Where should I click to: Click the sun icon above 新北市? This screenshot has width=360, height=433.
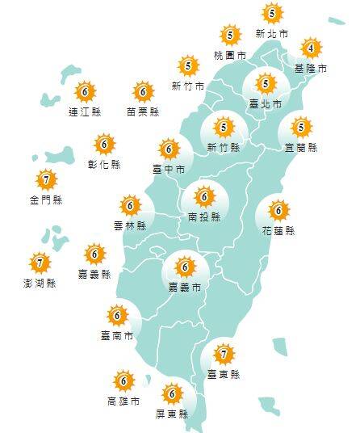click(272, 13)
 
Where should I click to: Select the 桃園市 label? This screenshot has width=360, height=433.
click(229, 55)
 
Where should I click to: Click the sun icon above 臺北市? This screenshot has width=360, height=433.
click(266, 83)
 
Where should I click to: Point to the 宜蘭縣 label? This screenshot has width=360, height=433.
click(301, 148)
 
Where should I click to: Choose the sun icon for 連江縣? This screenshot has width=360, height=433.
click(85, 92)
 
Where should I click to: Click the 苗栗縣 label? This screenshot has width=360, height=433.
click(143, 111)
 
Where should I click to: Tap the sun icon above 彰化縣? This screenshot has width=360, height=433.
click(104, 145)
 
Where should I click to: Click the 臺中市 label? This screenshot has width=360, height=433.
click(169, 169)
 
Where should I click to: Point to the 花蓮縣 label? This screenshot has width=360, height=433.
click(278, 231)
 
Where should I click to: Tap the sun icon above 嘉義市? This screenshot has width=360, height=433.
click(185, 266)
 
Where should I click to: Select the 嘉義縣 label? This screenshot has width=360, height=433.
click(94, 275)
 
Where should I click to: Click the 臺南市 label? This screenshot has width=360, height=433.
click(117, 335)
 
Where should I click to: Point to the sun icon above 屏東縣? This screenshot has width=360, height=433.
click(171, 395)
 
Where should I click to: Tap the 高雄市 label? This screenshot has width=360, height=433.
click(123, 401)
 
